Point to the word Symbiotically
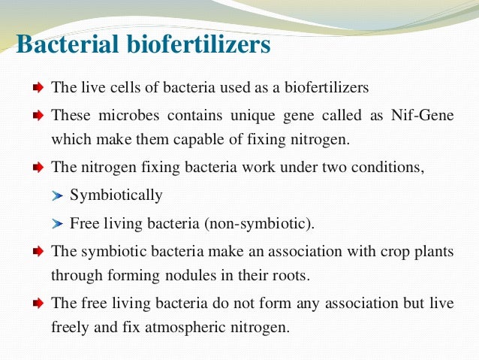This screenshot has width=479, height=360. coord(116,195)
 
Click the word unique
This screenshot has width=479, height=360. coord(230,116)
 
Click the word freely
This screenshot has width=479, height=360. coord(70,328)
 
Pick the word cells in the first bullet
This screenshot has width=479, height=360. coord(118,87)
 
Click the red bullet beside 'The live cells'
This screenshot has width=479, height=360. coord(38,88)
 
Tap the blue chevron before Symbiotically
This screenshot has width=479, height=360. coord(59,196)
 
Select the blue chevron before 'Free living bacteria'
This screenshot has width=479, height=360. coord(59,224)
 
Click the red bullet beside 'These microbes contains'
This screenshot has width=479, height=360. coord(38,116)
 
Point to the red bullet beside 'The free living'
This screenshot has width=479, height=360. coord(38,304)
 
